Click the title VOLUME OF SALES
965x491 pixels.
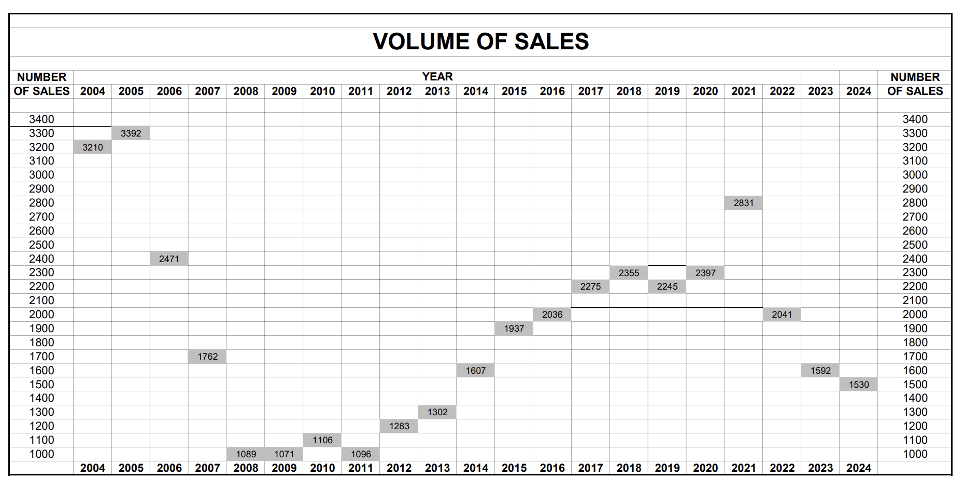480,42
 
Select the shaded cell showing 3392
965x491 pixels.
131,133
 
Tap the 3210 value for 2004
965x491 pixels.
93,147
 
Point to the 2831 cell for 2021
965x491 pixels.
743,203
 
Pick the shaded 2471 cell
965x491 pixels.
169,259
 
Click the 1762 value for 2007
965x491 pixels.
207,357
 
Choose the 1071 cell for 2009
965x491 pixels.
284,454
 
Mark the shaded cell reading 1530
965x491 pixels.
858,385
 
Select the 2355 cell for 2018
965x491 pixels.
629,273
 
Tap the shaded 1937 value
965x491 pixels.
514,329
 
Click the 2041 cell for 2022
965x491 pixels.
782,315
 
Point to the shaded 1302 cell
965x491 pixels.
437,412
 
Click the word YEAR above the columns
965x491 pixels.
437,77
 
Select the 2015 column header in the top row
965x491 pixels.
514,91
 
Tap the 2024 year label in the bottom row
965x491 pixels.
858,468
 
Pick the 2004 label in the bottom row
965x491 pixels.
93,468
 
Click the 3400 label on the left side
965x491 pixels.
41,119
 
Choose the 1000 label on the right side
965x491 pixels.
915,454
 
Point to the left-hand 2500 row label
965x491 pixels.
41,245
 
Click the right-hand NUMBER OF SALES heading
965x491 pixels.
915,84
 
